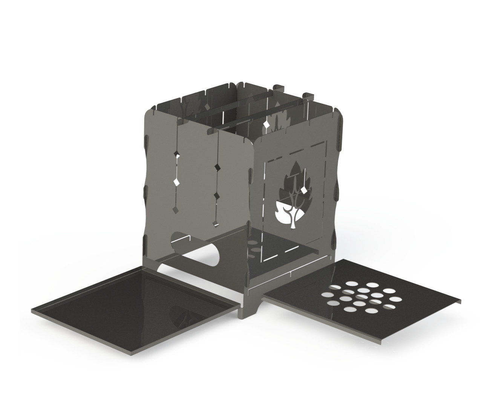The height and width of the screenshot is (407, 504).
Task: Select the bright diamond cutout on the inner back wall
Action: (x=266, y=124)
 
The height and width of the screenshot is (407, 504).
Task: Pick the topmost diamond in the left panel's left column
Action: (x=176, y=153)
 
